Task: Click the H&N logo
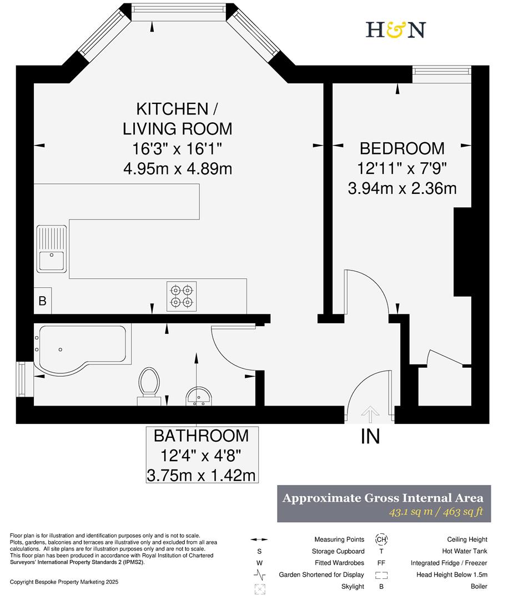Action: tap(395, 29)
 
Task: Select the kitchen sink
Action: tap(52, 250)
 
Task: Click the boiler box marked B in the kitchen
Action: tap(42, 301)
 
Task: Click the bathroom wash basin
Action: tap(198, 396)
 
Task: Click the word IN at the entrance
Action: tap(370, 437)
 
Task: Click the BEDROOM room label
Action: tap(402, 148)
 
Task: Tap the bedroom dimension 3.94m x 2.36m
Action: tap(402, 188)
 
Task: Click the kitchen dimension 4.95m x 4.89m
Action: tap(178, 168)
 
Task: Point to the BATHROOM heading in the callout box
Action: tap(202, 436)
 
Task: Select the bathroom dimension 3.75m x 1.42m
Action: tap(202, 475)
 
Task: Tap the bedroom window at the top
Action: tap(442, 71)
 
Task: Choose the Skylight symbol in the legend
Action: tap(259, 587)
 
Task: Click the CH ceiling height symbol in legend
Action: tap(381, 539)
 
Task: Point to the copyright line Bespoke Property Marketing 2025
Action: tap(64, 582)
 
